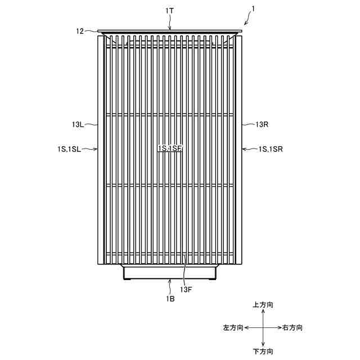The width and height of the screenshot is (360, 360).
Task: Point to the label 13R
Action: (262, 124)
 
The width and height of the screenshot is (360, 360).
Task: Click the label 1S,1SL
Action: (69, 149)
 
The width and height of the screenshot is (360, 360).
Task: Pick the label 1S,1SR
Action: (271, 149)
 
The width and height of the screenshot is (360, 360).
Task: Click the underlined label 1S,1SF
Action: (170, 148)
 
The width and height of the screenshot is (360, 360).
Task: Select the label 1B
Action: (170, 299)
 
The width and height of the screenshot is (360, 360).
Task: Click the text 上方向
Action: (263, 304)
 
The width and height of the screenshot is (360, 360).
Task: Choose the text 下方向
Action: (263, 352)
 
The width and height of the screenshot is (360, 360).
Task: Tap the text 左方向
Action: (233, 327)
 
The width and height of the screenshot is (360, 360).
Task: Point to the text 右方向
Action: (292, 327)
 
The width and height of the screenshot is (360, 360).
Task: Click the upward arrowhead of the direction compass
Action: (263, 311)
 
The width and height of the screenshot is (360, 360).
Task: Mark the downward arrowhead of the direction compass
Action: (263, 344)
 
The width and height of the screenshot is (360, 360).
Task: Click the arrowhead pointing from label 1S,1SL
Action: (97, 149)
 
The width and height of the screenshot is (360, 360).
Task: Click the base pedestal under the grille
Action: (170, 273)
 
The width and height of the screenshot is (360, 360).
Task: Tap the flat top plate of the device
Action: (170, 31)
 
